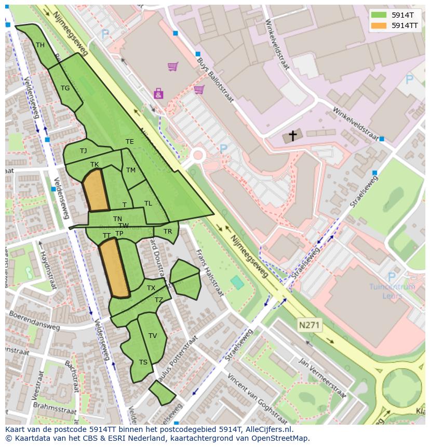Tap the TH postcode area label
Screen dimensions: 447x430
click(40, 45)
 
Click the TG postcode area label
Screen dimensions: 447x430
click(65, 88)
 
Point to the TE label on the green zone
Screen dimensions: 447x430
click(130, 142)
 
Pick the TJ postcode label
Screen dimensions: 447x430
click(83, 151)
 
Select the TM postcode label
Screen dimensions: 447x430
click(131, 170)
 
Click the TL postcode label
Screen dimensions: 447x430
click(148, 204)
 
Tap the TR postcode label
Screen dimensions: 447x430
click(168, 232)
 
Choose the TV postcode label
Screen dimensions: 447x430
click(153, 336)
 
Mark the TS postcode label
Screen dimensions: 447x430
click(143, 362)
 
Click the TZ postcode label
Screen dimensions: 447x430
click(159, 300)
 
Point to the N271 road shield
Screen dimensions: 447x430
click(310, 326)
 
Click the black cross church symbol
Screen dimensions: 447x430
click(293, 136)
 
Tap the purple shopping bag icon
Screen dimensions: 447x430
click(158, 93)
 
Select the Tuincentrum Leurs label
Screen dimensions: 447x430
click(392, 291)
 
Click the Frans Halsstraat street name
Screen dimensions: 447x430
click(209, 272)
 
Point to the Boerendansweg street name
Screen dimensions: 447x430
click(34, 320)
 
